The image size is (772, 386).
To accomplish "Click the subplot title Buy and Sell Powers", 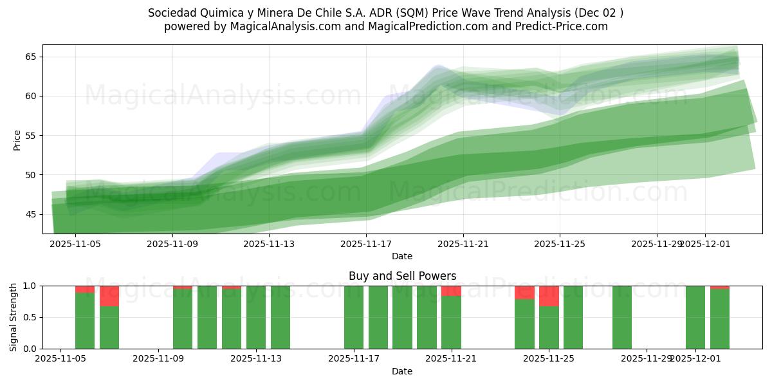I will (402, 276).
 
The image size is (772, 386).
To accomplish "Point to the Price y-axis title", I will (17, 140).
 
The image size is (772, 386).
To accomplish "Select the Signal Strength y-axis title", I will (14, 317).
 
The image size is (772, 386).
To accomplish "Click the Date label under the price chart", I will (402, 256).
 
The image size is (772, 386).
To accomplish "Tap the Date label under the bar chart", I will (402, 371).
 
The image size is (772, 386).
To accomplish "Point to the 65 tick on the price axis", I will (30, 57).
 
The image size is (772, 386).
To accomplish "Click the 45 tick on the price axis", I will (30, 214).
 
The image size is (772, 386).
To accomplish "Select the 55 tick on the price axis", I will (30, 136).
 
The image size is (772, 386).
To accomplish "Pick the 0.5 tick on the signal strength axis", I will (28, 317).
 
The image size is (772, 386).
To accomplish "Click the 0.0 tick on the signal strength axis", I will (28, 349).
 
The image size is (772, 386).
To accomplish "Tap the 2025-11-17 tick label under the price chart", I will (366, 244).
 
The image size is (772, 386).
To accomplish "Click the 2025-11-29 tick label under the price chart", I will (656, 244).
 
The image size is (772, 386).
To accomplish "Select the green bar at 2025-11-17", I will (354, 317).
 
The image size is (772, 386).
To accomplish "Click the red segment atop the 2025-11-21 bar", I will (451, 291).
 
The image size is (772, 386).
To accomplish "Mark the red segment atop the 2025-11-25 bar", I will (549, 296).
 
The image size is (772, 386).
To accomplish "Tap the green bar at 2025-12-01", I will (695, 317).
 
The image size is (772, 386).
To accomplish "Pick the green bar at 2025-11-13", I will (256, 317).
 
